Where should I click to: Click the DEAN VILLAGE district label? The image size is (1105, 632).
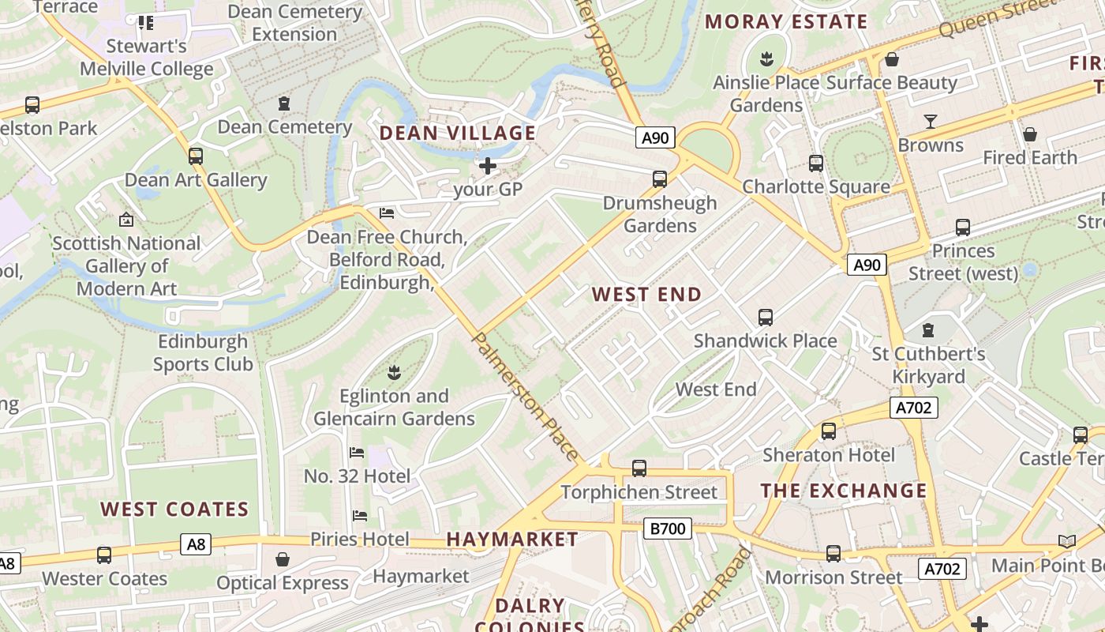(x=458, y=133)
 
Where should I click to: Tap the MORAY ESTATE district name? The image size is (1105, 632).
(x=785, y=21)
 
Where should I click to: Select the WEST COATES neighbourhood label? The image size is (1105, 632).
(x=174, y=509)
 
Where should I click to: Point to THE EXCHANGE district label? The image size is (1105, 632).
(x=844, y=490)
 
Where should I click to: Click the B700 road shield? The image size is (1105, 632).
(x=668, y=529)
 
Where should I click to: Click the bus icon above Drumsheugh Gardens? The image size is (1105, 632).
(x=660, y=179)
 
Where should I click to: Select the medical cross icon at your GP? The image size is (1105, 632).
(x=488, y=166)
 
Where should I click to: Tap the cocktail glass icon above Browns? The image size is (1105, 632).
(x=931, y=121)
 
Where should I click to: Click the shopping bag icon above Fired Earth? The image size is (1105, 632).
(x=1029, y=134)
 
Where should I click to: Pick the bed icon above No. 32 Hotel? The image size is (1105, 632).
(x=357, y=453)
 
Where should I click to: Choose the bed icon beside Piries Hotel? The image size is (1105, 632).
(x=360, y=516)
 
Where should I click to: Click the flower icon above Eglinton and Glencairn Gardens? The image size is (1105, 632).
(x=394, y=371)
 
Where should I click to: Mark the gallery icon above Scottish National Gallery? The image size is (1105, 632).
(x=125, y=219)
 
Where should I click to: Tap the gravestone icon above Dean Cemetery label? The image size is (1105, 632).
(x=284, y=103)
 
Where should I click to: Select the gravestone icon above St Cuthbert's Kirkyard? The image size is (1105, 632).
(x=928, y=329)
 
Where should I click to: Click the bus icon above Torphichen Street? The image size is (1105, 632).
(x=639, y=468)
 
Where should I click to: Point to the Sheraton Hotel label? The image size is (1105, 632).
(x=829, y=455)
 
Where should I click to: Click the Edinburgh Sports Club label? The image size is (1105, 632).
(x=203, y=353)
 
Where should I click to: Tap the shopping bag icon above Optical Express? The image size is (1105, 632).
(x=283, y=559)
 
